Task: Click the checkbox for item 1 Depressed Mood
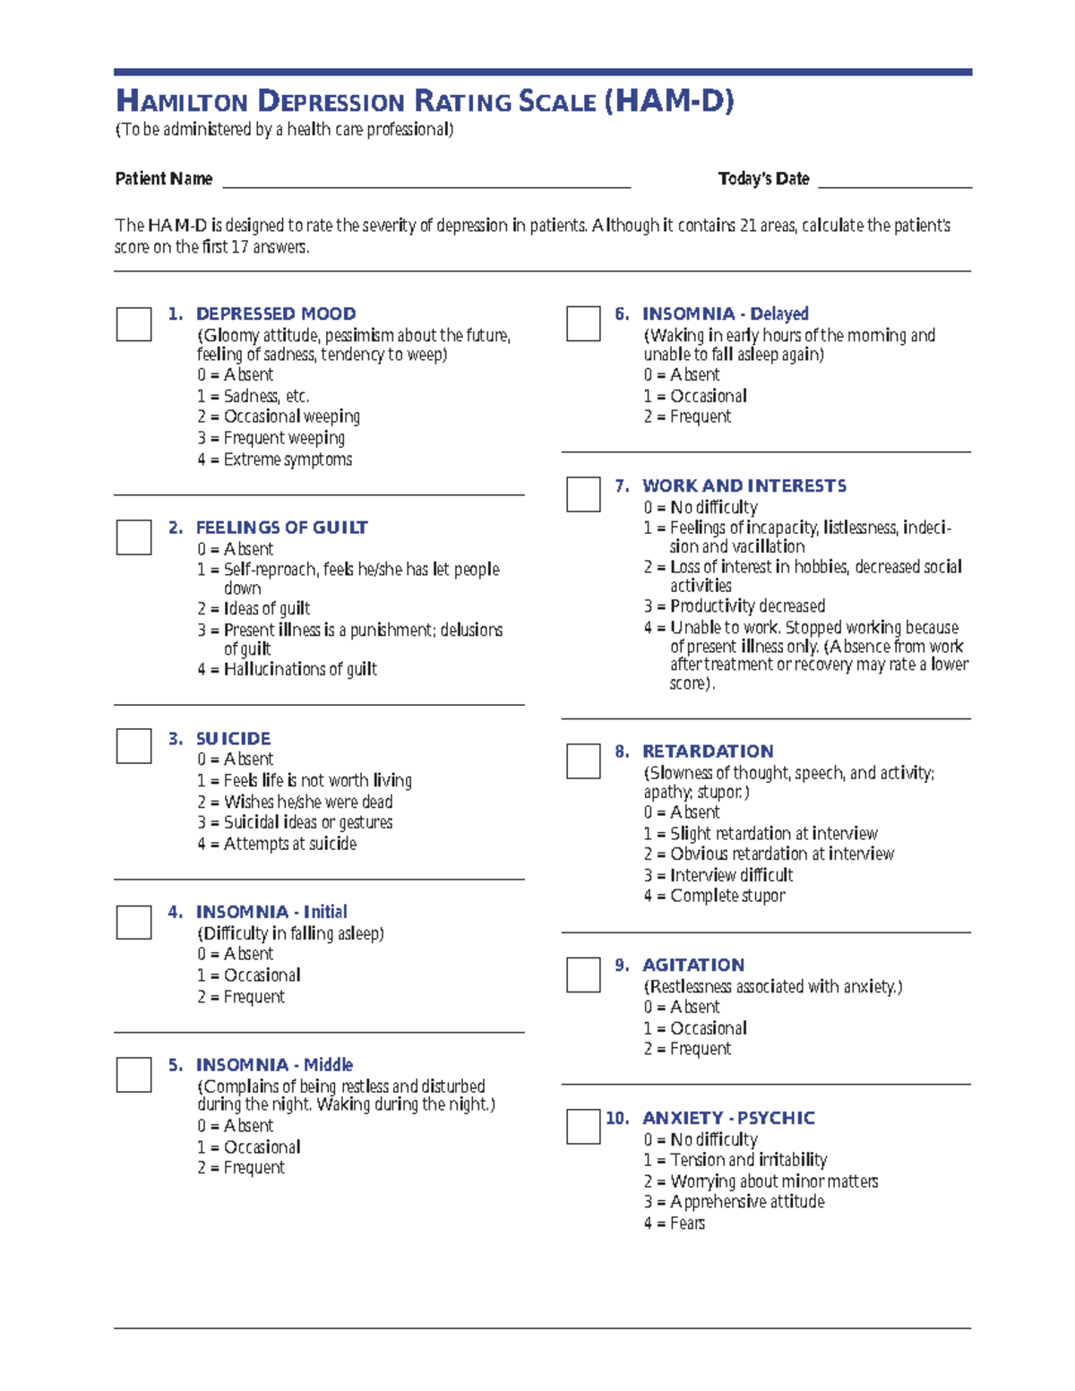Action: click(x=133, y=323)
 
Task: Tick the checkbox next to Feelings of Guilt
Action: click(x=133, y=537)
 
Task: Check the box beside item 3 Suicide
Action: click(x=133, y=746)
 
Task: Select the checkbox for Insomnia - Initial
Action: click(x=133, y=922)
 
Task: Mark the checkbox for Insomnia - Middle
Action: click(x=133, y=1075)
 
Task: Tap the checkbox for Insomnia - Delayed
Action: click(x=583, y=323)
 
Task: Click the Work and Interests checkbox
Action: click(x=583, y=494)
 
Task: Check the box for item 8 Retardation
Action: click(x=583, y=760)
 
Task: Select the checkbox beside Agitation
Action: click(x=583, y=975)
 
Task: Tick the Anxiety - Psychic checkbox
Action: click(x=583, y=1127)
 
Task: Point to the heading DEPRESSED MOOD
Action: click(x=276, y=314)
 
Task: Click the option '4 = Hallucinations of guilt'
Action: click(x=287, y=669)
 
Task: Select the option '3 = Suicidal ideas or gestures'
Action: click(x=295, y=822)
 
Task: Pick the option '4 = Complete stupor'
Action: click(x=714, y=896)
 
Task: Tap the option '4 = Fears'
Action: click(x=674, y=1224)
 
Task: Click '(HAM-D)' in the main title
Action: click(x=668, y=101)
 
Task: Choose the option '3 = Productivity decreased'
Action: click(x=734, y=606)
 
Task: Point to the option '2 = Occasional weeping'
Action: click(x=279, y=416)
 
